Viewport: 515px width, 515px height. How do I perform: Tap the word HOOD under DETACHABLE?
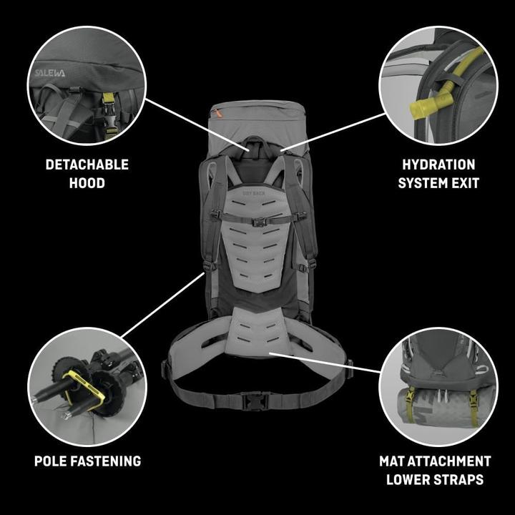click(x=87, y=183)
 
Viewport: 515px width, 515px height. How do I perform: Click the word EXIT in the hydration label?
click(x=463, y=183)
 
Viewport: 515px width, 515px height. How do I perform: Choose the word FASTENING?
click(x=107, y=461)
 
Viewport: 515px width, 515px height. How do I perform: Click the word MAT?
click(x=395, y=461)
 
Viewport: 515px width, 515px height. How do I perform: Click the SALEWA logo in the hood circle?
click(x=49, y=73)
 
